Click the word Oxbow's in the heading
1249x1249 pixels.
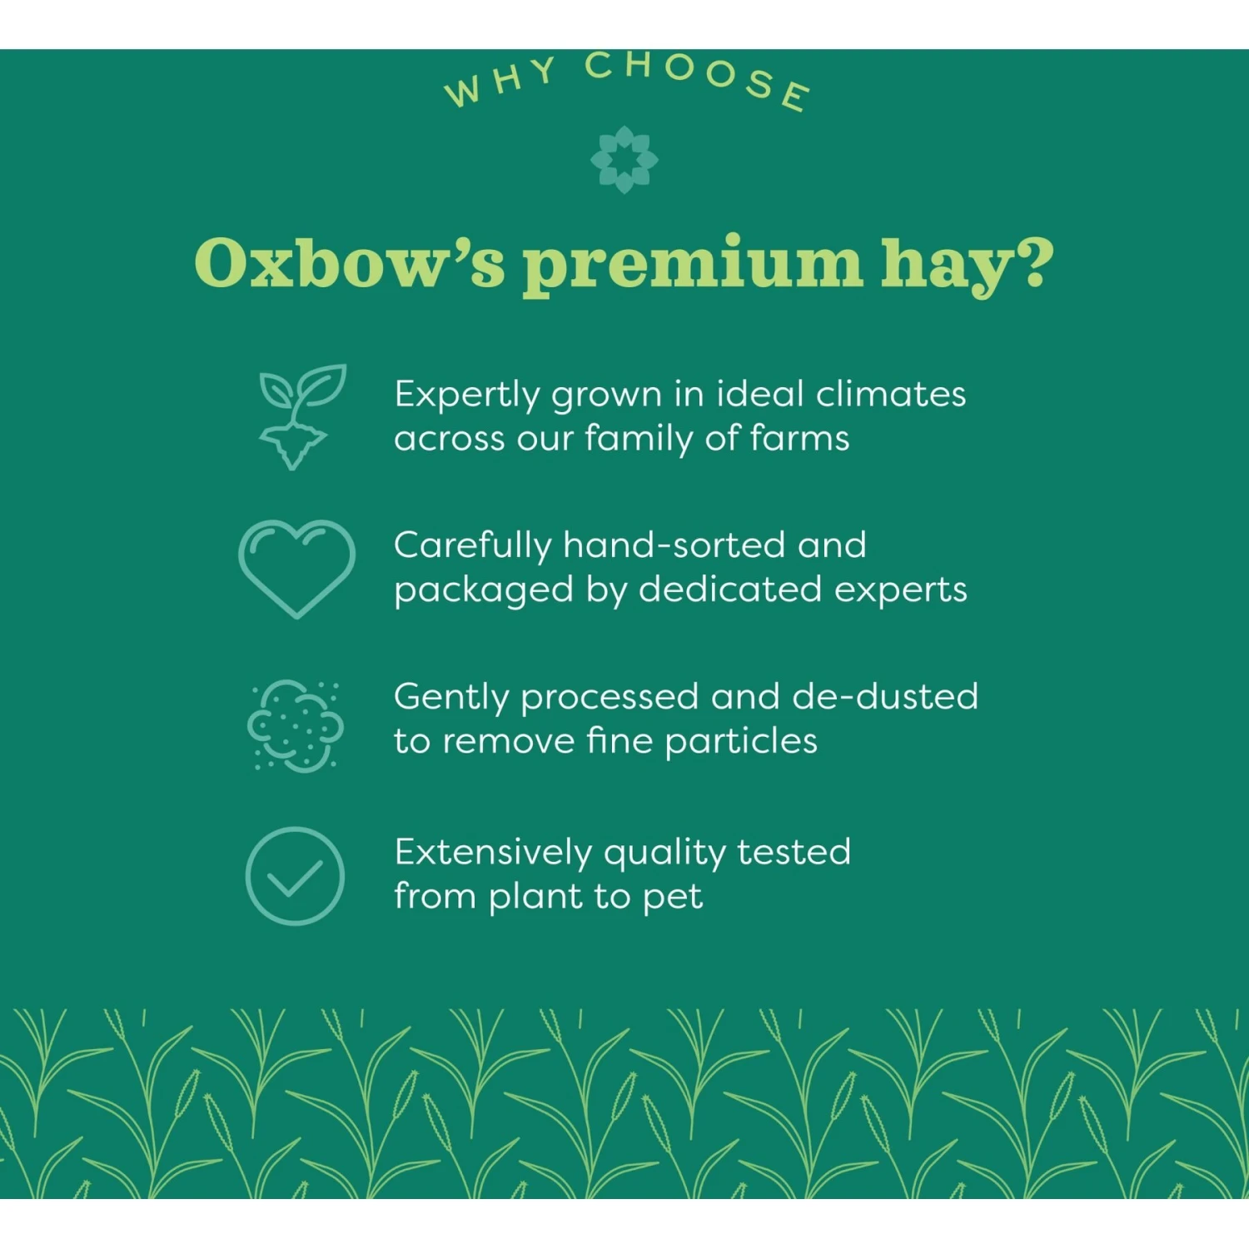(350, 263)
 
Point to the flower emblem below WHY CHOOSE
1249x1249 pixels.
(624, 159)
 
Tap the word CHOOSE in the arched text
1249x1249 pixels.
(698, 77)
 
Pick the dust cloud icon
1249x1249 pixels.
(296, 724)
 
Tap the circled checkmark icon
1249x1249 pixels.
(295, 875)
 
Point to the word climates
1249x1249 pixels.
(891, 394)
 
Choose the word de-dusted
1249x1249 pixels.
(885, 697)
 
